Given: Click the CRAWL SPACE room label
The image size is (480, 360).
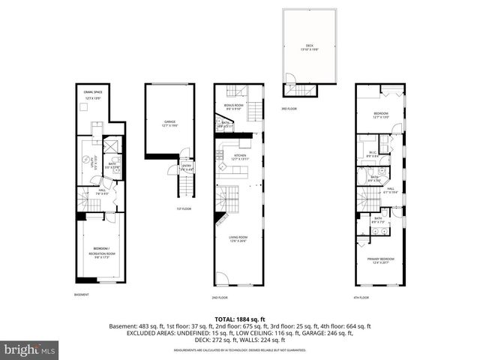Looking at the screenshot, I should (94, 94).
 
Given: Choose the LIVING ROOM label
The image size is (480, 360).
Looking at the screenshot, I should (238, 238).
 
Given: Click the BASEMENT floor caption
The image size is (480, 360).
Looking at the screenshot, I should (82, 294).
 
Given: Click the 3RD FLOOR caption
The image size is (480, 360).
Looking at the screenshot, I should (289, 109).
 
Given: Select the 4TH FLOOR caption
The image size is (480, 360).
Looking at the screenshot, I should (362, 297).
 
